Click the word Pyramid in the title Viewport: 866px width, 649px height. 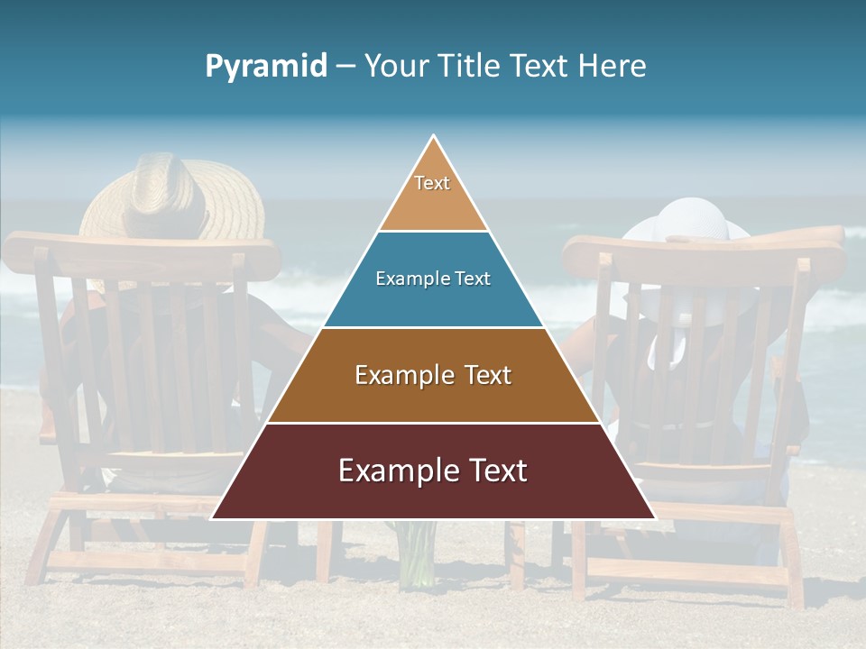pos(266,67)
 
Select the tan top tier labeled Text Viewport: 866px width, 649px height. pos(433,194)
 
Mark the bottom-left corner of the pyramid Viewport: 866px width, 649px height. pos(213,518)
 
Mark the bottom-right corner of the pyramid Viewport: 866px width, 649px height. pos(654,518)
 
